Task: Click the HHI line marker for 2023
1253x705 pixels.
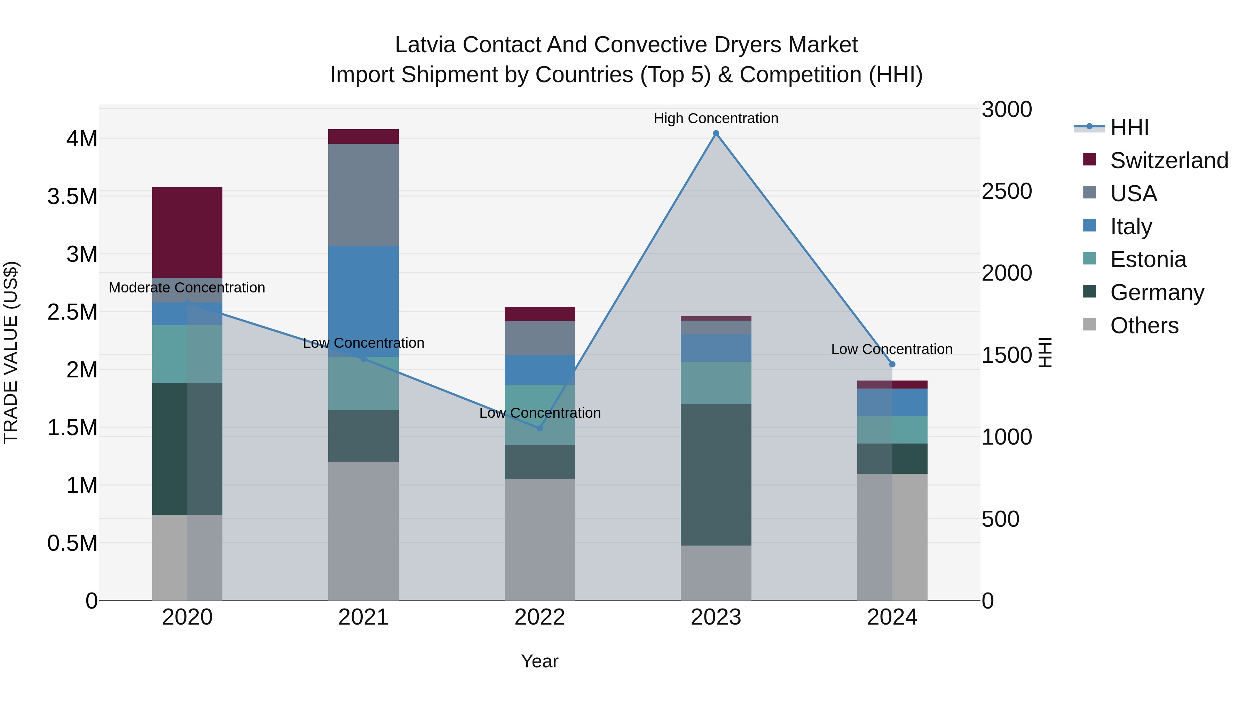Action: pos(716,133)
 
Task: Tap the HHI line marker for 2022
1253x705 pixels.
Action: pos(539,428)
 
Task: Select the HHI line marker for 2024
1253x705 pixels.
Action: pos(892,364)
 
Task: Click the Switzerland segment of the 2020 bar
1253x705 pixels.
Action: pos(187,233)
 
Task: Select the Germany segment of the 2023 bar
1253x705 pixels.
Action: pos(716,475)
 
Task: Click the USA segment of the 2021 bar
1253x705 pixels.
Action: pos(363,195)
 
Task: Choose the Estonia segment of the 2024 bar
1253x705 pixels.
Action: pos(892,430)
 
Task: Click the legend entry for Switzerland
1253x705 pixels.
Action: pos(1168,160)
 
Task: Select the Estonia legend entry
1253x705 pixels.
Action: pos(1148,259)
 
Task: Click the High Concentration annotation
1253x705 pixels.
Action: pos(716,118)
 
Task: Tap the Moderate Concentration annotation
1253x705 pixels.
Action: pos(187,288)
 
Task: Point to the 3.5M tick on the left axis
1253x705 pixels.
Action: pos(72,197)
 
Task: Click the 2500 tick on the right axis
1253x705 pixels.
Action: pos(1006,191)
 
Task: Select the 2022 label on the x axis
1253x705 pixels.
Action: pos(539,617)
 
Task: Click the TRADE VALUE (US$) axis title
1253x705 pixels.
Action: pos(11,352)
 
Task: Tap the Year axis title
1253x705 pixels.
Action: pos(539,661)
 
